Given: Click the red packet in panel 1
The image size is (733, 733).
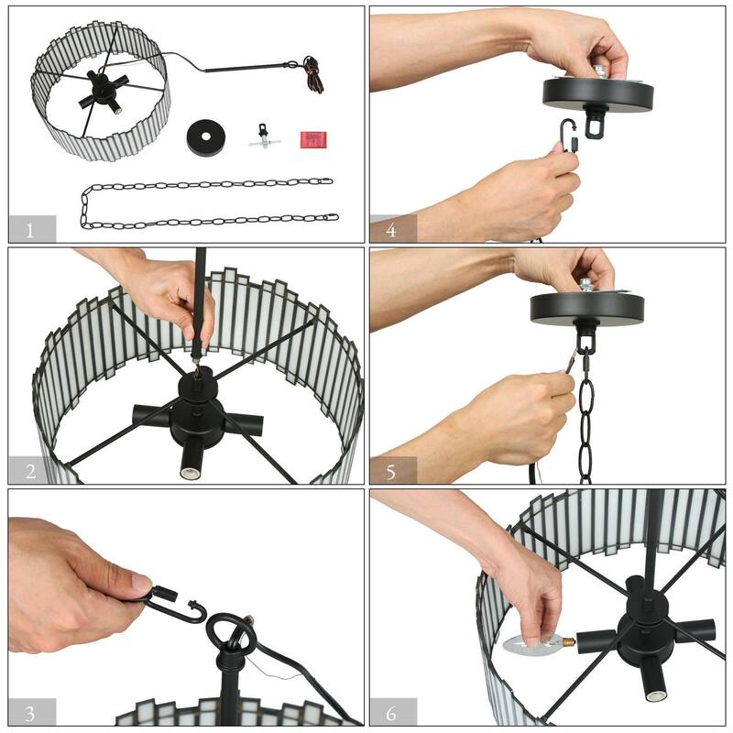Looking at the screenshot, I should coord(312,139).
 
